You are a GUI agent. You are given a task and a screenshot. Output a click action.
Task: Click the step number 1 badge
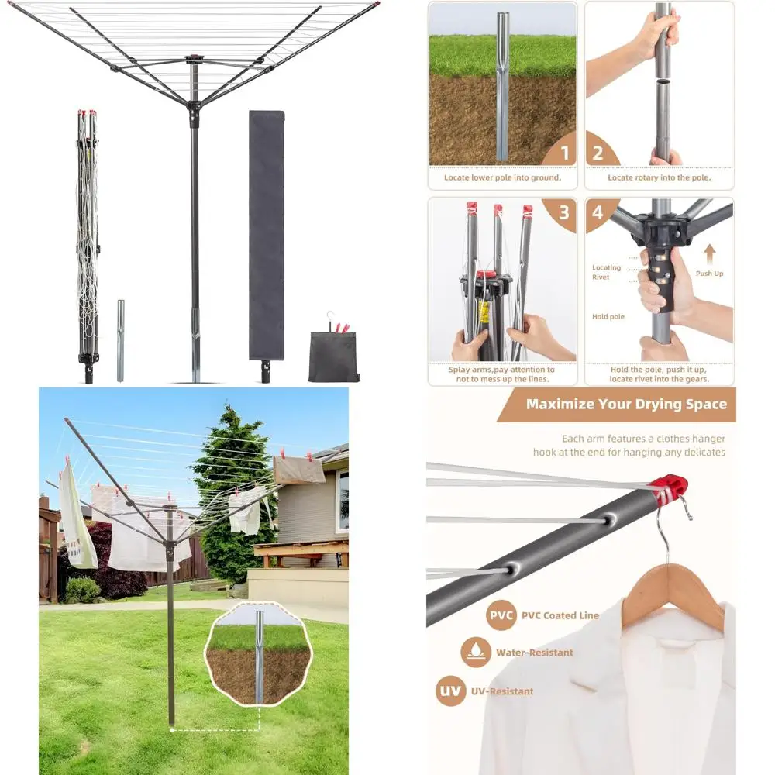pyautogui.click(x=564, y=152)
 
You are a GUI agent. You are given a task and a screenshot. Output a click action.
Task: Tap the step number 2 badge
pyautogui.click(x=598, y=152)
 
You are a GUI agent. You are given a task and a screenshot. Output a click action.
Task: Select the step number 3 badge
pyautogui.click(x=564, y=212)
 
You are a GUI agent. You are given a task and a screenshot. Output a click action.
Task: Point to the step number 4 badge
pyautogui.click(x=598, y=212)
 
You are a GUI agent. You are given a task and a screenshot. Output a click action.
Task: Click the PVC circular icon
pyautogui.click(x=501, y=615)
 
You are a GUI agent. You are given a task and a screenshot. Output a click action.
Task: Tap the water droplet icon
pyautogui.click(x=475, y=653)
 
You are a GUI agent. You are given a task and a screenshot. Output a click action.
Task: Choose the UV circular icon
pyautogui.click(x=450, y=691)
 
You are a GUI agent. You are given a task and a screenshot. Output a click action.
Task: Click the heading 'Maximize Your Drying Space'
pyautogui.click(x=626, y=404)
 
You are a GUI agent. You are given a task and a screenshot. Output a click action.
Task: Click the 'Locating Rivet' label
pyautogui.click(x=606, y=272)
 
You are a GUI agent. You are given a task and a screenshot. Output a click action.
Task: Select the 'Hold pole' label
pyautogui.click(x=608, y=317)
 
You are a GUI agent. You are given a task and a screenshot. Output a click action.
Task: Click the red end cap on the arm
pyautogui.click(x=671, y=489)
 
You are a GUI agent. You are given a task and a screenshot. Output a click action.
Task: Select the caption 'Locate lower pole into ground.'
pyautogui.click(x=502, y=177)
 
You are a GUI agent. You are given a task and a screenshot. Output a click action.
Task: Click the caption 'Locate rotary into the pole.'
pyautogui.click(x=659, y=177)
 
